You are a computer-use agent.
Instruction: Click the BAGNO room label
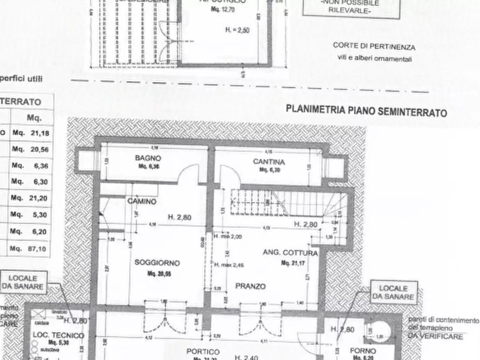148,159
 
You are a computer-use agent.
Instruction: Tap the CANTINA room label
269,162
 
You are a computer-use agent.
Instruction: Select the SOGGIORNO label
157,263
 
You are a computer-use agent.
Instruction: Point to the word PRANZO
250,286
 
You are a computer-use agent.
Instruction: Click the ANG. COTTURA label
290,253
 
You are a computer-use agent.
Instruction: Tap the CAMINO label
142,201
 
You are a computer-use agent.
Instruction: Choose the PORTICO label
203,351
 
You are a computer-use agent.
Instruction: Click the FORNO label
363,351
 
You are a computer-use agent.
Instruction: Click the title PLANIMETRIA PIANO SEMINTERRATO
366,111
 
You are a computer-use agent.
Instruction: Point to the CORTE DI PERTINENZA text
374,47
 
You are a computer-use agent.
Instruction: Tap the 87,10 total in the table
39,249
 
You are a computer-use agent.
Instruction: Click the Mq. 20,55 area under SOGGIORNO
157,273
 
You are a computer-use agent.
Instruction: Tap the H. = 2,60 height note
237,31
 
